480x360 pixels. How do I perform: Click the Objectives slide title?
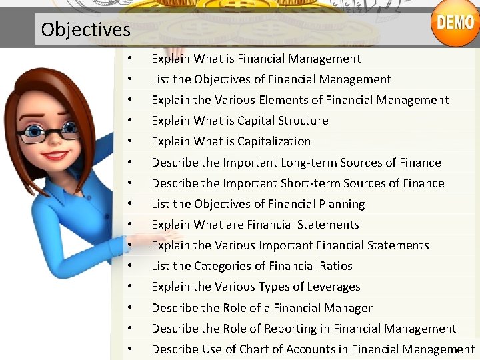pyautogui.click(x=85, y=30)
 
